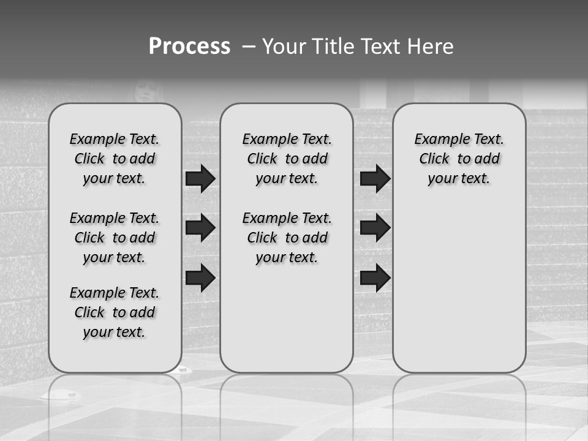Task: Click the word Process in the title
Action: pyautogui.click(x=189, y=47)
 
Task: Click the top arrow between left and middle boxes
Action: pyautogui.click(x=200, y=179)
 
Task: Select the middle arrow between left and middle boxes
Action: pyautogui.click(x=200, y=228)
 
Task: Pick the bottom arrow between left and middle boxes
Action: pyautogui.click(x=200, y=277)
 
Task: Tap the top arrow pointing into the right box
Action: pyautogui.click(x=375, y=179)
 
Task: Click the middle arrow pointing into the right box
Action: pyautogui.click(x=375, y=228)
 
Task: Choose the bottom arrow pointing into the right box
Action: pyautogui.click(x=375, y=277)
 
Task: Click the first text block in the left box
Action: pyautogui.click(x=115, y=159)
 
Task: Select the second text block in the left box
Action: pyautogui.click(x=115, y=238)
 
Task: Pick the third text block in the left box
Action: pyautogui.click(x=115, y=312)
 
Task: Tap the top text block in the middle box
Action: pyautogui.click(x=287, y=159)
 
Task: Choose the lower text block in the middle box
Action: pyautogui.click(x=287, y=238)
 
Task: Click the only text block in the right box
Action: pyautogui.click(x=459, y=159)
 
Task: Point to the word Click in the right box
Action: pyautogui.click(x=434, y=159)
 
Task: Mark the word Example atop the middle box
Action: pyautogui.click(x=265, y=139)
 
